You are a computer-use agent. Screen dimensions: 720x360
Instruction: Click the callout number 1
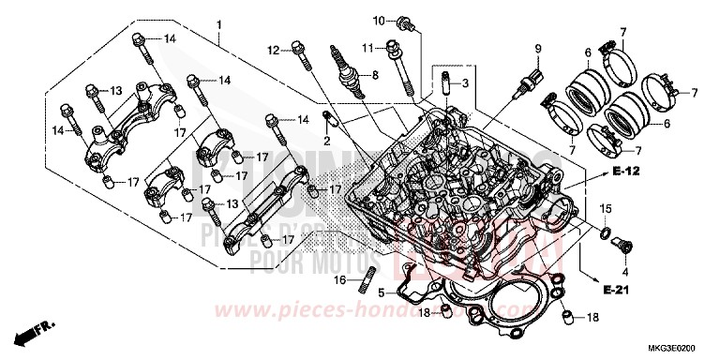pyautogui.click(x=218, y=23)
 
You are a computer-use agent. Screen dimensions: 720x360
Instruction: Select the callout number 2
pyautogui.click(x=328, y=140)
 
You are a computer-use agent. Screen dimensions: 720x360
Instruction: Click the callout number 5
pyautogui.click(x=381, y=293)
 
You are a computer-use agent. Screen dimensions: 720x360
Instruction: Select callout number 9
pyautogui.click(x=538, y=48)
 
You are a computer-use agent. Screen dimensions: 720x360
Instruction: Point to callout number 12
pyautogui.click(x=274, y=49)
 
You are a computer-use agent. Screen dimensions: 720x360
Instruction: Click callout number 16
pyautogui.click(x=341, y=280)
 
